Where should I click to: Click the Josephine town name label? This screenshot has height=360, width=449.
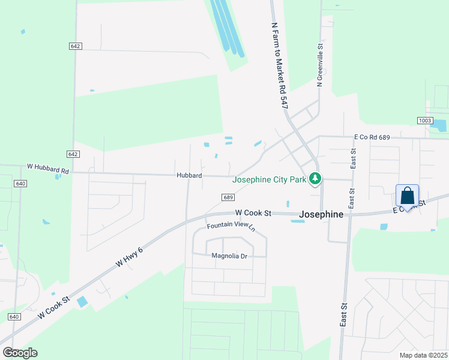[x=321, y=214]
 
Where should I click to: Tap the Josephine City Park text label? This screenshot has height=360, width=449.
[x=268, y=178]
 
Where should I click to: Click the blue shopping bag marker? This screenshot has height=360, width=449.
[x=407, y=196]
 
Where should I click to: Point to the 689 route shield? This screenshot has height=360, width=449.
[x=228, y=197]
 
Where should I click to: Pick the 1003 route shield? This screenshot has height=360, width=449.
[x=425, y=121]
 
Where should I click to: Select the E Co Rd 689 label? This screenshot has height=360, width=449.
[x=372, y=137]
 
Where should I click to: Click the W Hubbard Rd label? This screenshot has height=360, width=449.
[x=48, y=170]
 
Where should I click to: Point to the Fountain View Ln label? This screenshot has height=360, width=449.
[x=231, y=227]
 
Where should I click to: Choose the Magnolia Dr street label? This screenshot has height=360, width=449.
[x=229, y=256]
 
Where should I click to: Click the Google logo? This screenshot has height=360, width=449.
[x=20, y=353]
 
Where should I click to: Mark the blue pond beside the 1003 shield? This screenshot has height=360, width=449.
[x=439, y=125]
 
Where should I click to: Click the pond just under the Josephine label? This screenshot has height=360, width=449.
[x=297, y=221]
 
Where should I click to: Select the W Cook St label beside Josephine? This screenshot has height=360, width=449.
[x=253, y=212]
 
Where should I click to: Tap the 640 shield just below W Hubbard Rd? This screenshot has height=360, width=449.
[x=20, y=184]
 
